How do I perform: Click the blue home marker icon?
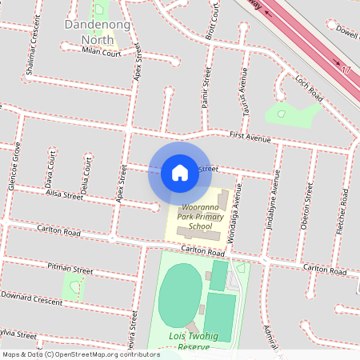(180, 173)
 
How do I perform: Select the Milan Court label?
(102, 53)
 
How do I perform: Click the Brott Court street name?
(213, 23)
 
